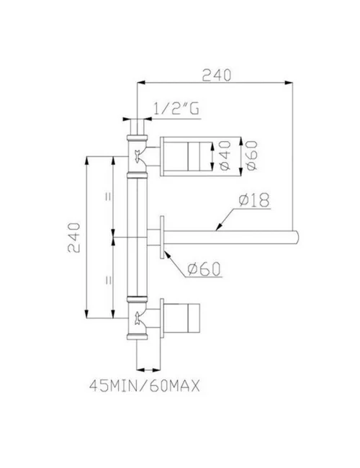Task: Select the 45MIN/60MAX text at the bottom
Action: coord(144,385)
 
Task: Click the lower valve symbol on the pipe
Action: coord(137,315)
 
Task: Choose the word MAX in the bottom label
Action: coord(182,385)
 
